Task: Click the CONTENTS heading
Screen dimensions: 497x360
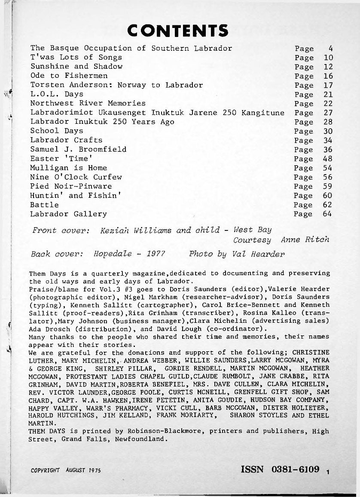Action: pos(178,30)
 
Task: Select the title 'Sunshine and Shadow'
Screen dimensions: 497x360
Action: pos(76,67)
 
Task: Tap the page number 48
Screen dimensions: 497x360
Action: pos(328,159)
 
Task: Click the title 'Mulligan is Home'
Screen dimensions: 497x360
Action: pos(69,168)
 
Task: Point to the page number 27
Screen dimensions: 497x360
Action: pos(328,113)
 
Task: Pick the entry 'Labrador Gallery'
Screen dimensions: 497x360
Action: pos(69,214)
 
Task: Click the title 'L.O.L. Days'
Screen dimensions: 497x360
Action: pos(57,94)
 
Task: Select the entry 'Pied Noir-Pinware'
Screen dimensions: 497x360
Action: pos(71,187)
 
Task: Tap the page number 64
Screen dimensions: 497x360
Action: pos(328,214)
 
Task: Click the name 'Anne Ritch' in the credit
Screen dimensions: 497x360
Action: pos(305,240)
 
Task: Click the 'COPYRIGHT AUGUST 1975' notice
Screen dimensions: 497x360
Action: pos(66,471)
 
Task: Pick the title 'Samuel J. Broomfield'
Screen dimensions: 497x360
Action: pos(78,150)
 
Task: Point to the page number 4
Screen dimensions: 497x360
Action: pos(330,48)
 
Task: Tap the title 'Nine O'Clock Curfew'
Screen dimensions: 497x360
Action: pos(76,177)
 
